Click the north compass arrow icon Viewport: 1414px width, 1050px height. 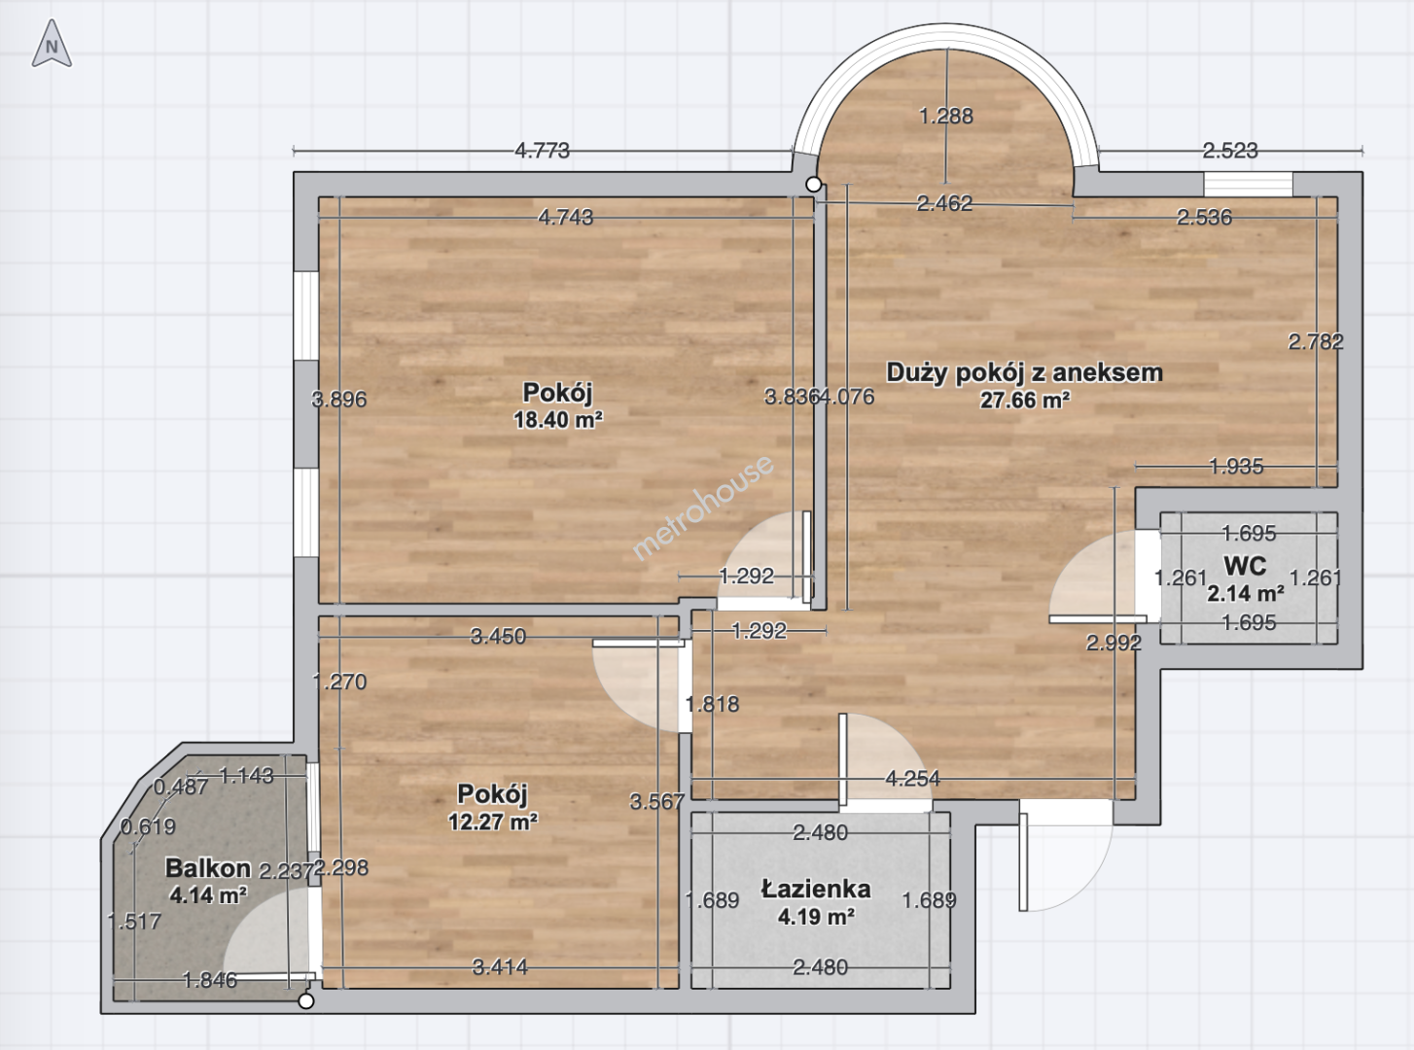[x=52, y=44]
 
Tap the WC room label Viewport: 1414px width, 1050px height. [x=1245, y=566]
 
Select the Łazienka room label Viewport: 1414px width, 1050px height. [x=816, y=890]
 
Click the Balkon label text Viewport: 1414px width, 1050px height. [x=208, y=867]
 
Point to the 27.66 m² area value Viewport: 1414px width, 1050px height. [x=1024, y=400]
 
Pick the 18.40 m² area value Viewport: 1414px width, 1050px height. [x=558, y=419]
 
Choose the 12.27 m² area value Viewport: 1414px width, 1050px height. [x=493, y=822]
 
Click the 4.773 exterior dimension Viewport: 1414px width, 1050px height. [x=542, y=151]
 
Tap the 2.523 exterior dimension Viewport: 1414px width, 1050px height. [x=1230, y=151]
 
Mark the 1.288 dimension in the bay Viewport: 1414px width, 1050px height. [x=946, y=116]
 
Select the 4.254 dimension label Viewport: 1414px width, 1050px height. [x=912, y=778]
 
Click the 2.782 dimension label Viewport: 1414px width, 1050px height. [x=1316, y=342]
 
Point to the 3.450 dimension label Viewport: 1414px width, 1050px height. [x=498, y=636]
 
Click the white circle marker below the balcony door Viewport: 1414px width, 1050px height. [x=306, y=1001]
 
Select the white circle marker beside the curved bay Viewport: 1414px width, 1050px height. [x=813, y=185]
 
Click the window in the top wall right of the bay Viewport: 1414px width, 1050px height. [x=1248, y=185]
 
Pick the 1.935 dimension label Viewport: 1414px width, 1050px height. [x=1236, y=467]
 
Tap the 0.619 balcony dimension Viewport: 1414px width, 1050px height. [x=148, y=826]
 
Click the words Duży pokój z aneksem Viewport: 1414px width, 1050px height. [x=1024, y=372]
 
